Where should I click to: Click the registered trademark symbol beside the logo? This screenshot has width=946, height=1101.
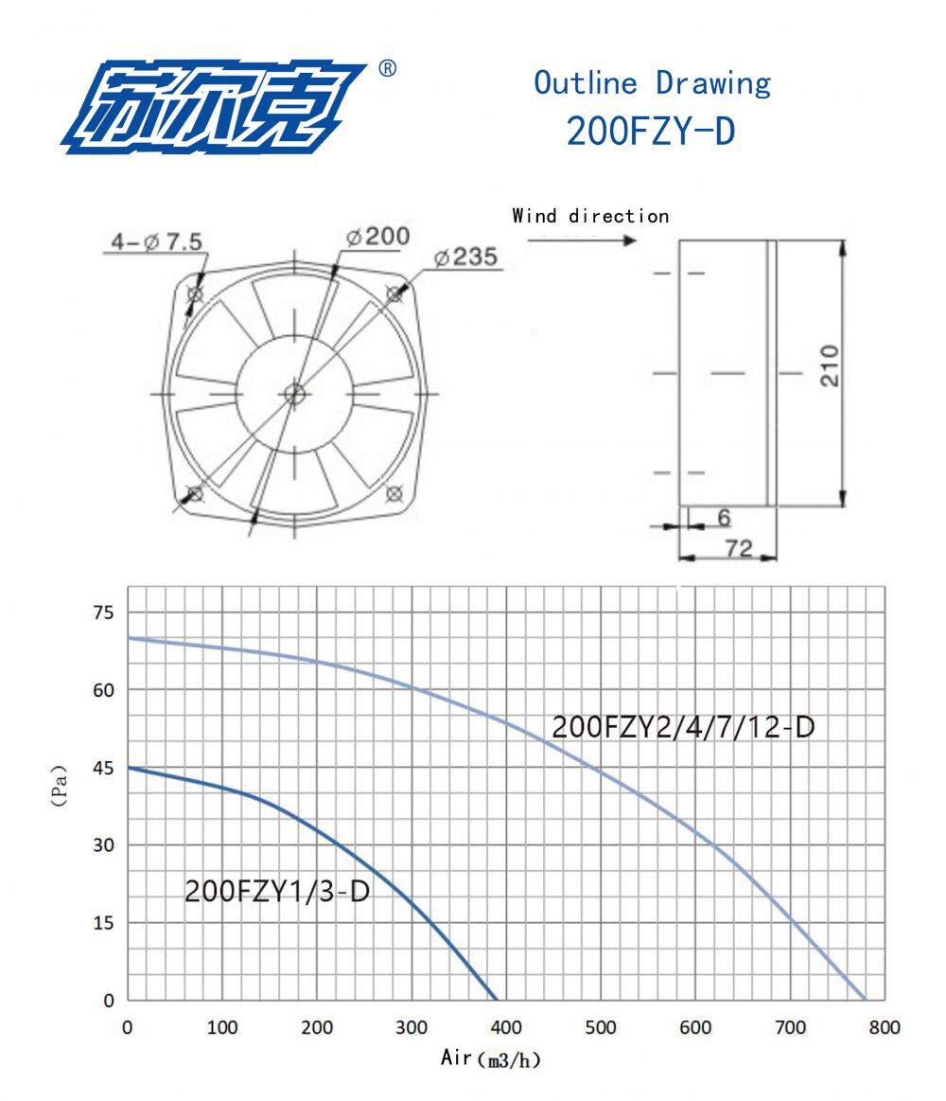coord(387,68)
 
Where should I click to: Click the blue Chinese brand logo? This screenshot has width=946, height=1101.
coord(214,107)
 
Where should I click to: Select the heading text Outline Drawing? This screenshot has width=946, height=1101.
coord(652,83)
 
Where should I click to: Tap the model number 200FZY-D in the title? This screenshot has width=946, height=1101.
coord(651,131)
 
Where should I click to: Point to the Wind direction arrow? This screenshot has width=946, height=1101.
coord(582,240)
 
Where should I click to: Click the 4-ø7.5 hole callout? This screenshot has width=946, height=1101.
coord(157,242)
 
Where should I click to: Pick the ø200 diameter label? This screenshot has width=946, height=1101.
coord(377,237)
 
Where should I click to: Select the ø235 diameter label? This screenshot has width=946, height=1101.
coord(465,257)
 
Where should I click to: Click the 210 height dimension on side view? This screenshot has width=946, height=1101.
coord(830,365)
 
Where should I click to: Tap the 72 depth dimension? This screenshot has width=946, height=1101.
coord(738,547)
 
